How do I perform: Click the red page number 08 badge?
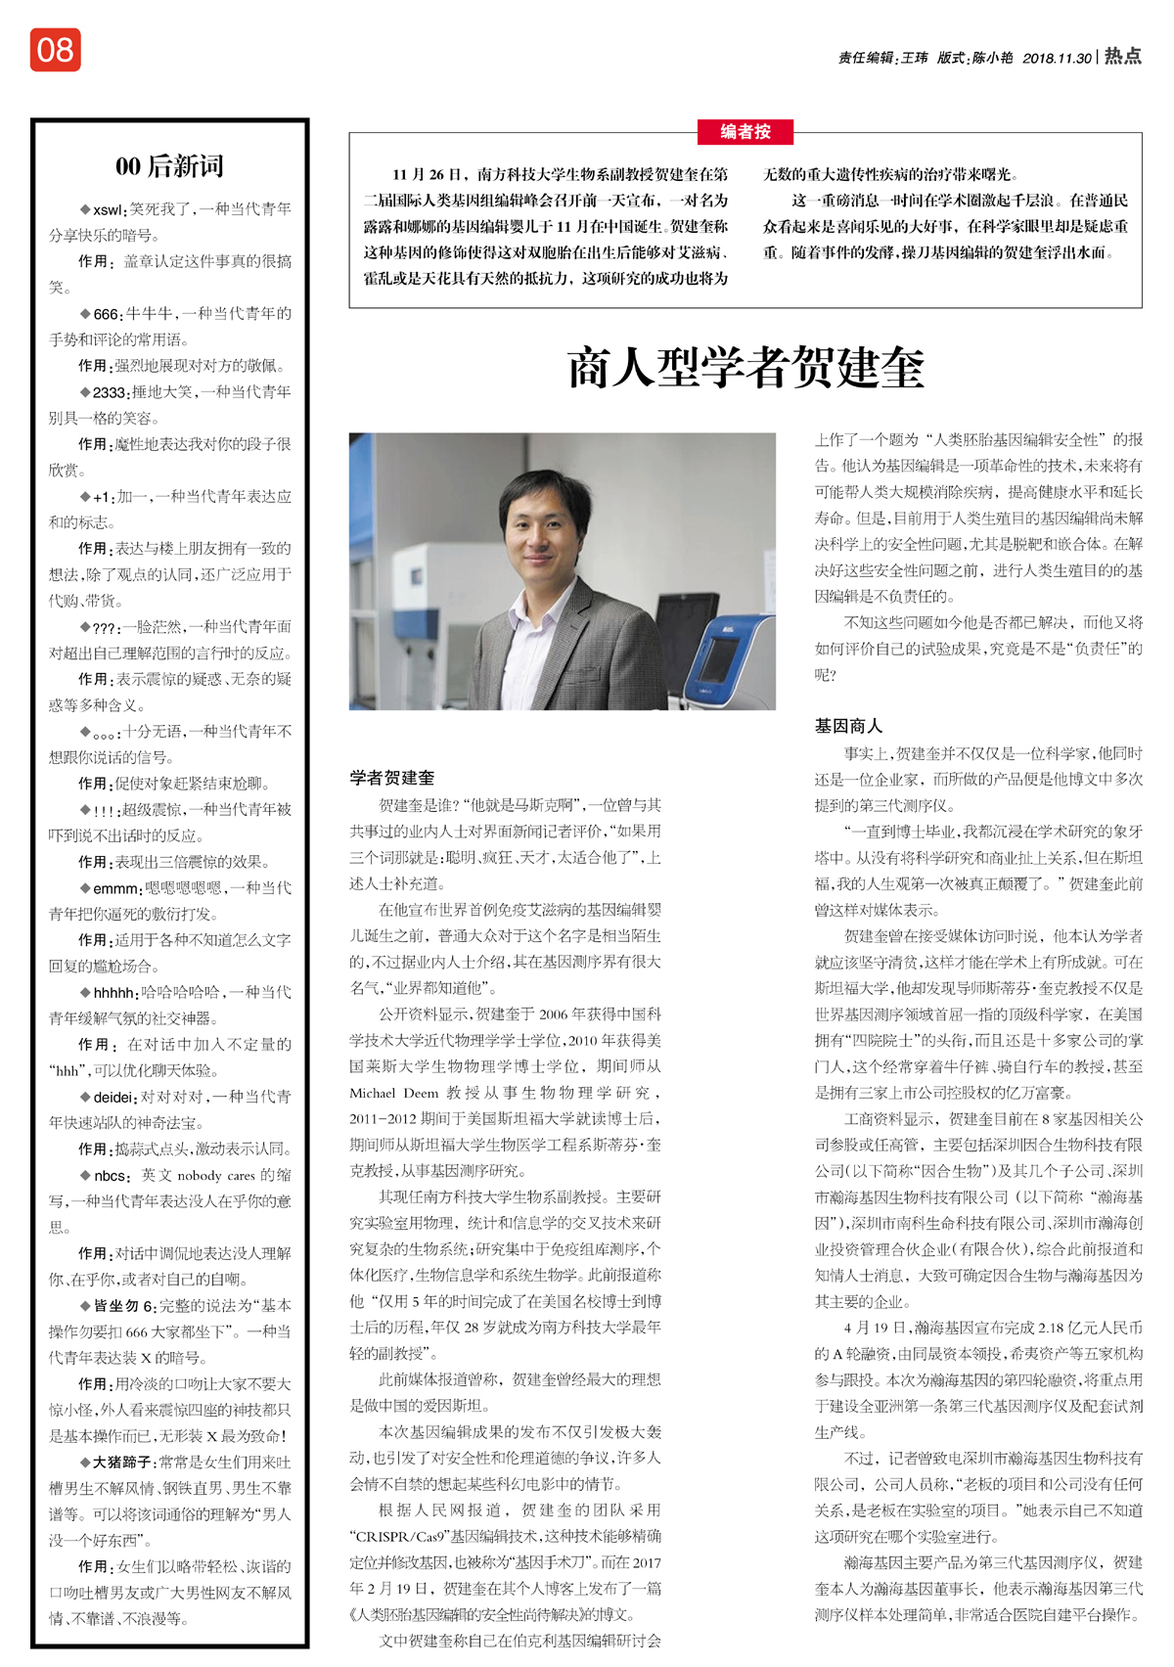[x=55, y=50]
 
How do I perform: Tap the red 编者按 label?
[x=745, y=132]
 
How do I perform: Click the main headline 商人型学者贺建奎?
[x=745, y=368]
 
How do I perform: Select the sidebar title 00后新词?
[x=169, y=165]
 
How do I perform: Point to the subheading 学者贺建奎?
[x=391, y=778]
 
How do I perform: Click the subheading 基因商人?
[x=848, y=726]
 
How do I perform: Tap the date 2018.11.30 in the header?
[x=1057, y=59]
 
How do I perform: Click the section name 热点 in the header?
[x=1122, y=57]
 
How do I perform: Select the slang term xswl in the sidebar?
[x=108, y=209]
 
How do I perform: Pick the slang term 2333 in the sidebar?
[x=110, y=392]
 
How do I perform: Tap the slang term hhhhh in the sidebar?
[x=114, y=993]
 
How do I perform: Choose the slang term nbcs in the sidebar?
[x=111, y=1176]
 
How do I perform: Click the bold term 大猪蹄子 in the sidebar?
[x=122, y=1463]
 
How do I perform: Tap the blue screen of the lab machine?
[x=720, y=658]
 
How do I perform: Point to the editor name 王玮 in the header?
[x=914, y=59]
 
